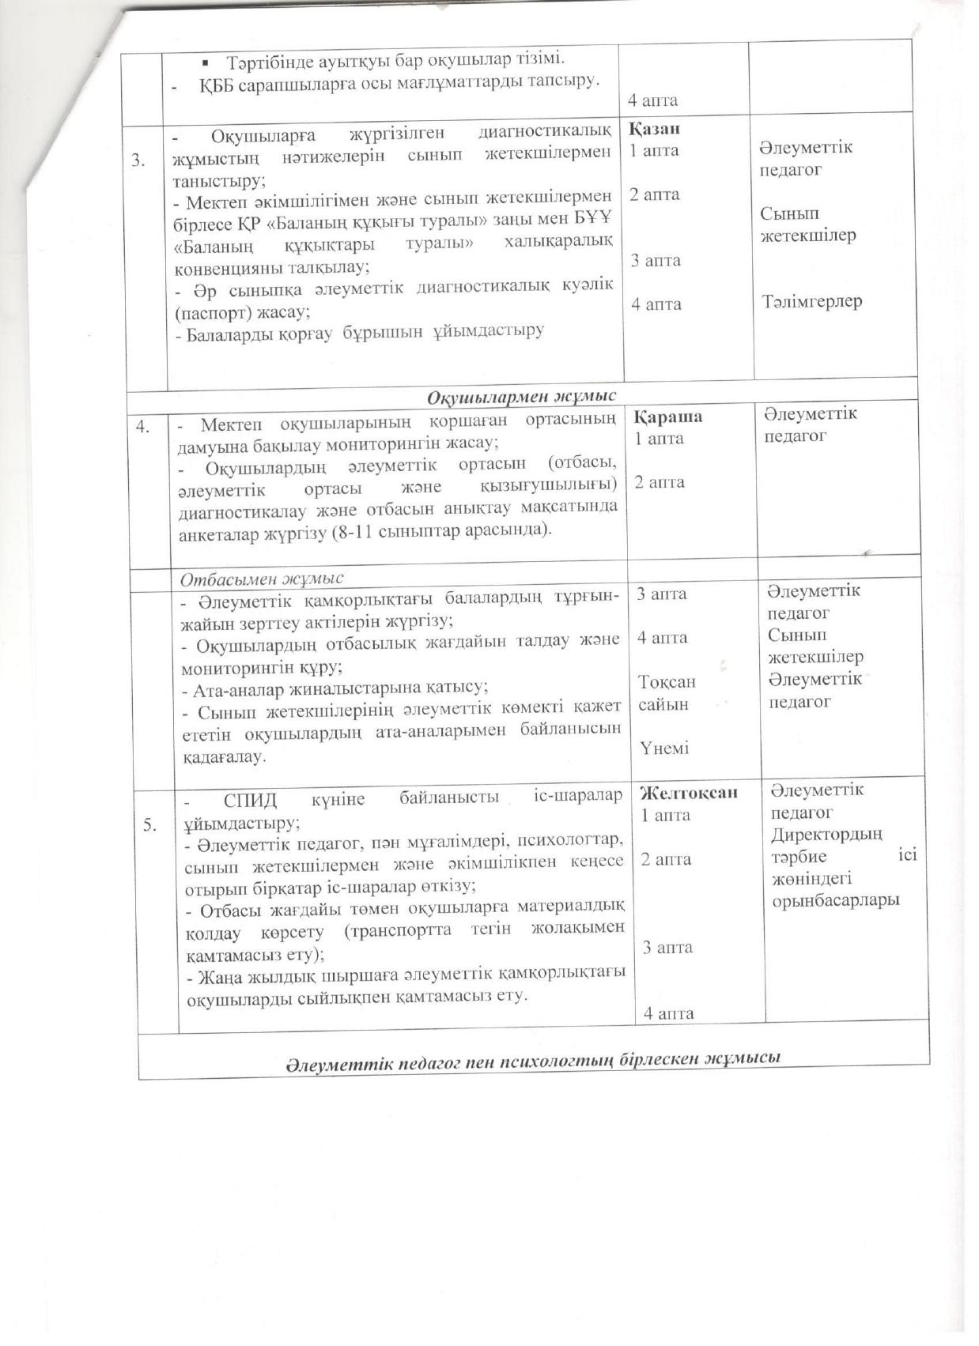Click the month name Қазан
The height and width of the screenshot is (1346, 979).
pyautogui.click(x=655, y=129)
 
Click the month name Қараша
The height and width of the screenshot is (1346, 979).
pyautogui.click(x=669, y=417)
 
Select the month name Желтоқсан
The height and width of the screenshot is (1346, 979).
pyautogui.click(x=689, y=792)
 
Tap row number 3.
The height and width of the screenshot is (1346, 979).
pyautogui.click(x=138, y=160)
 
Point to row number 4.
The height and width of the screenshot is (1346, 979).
pyautogui.click(x=143, y=427)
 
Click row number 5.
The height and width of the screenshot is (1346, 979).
pyautogui.click(x=149, y=824)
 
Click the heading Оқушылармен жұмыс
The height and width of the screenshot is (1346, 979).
pyautogui.click(x=521, y=396)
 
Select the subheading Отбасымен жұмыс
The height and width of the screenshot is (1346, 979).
pyautogui.click(x=262, y=579)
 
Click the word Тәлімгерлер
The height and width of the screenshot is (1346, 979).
pyautogui.click(x=812, y=301)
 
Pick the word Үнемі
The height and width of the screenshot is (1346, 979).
pyautogui.click(x=663, y=748)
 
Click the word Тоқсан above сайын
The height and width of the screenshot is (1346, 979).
pyautogui.click(x=667, y=681)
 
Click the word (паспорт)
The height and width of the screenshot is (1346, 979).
pyautogui.click(x=206, y=311)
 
